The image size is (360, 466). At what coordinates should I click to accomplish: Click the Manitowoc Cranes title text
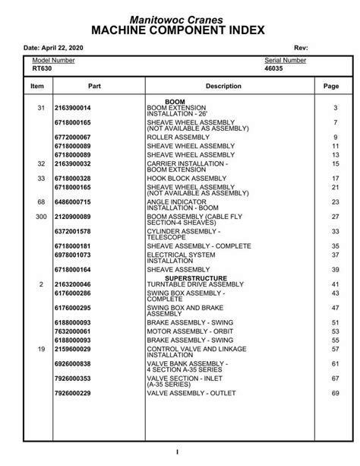(180, 17)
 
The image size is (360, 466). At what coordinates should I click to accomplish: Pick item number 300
(40, 217)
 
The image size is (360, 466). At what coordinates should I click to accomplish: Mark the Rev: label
(300, 47)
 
